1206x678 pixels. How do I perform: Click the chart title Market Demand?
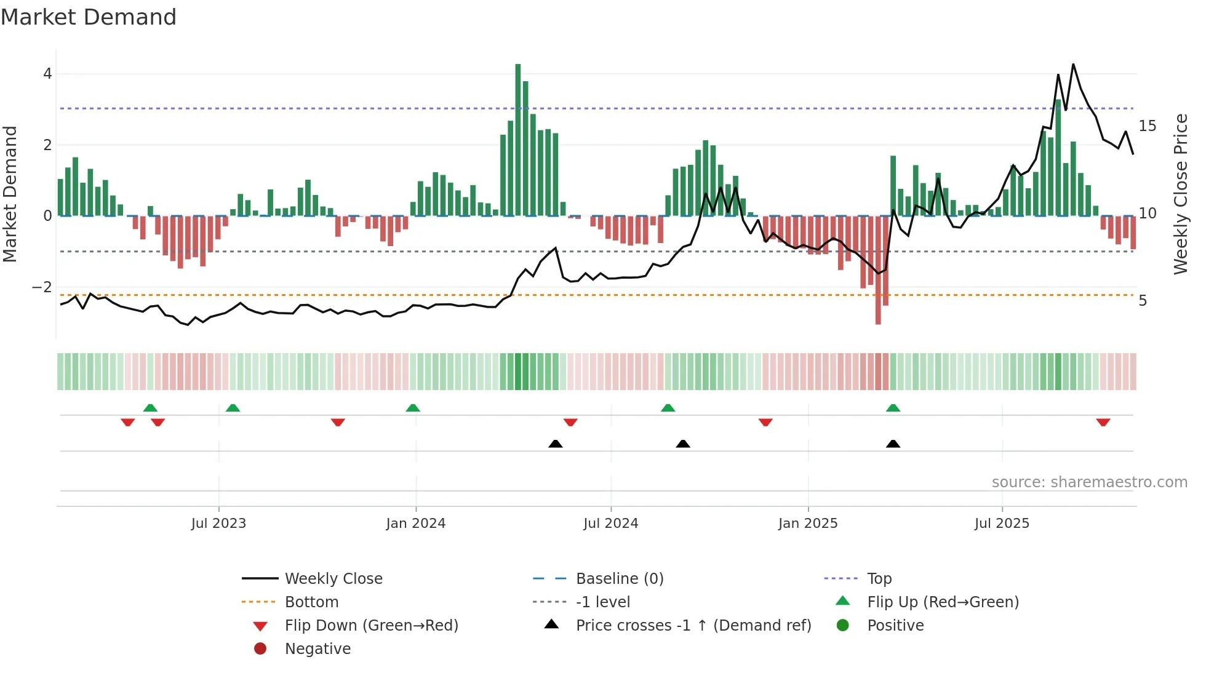[x=89, y=17]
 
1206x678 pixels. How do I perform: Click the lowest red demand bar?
[x=878, y=271]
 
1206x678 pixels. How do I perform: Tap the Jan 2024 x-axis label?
[x=416, y=524]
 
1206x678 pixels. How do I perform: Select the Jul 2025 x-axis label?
[x=1002, y=524]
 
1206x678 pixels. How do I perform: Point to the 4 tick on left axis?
[x=47, y=74]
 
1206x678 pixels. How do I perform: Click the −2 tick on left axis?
[x=42, y=287]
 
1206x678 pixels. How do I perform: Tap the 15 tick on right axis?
[x=1147, y=126]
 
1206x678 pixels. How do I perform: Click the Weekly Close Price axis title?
[x=1180, y=194]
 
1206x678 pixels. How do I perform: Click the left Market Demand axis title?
[x=10, y=194]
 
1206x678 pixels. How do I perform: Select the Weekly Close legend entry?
[x=333, y=579]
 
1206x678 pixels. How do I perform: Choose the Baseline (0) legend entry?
[x=619, y=579]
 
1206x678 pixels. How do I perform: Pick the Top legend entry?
[x=879, y=579]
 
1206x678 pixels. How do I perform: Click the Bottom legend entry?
[x=311, y=602]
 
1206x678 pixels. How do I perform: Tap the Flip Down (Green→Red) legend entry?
[x=371, y=626]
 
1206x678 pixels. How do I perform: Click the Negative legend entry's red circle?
[x=260, y=649]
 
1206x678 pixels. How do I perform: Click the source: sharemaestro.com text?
[x=1089, y=482]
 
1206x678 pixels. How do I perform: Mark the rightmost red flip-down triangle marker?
[x=1103, y=423]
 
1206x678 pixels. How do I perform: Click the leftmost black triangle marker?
[x=556, y=444]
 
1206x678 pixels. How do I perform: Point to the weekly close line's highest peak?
[x=1073, y=65]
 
